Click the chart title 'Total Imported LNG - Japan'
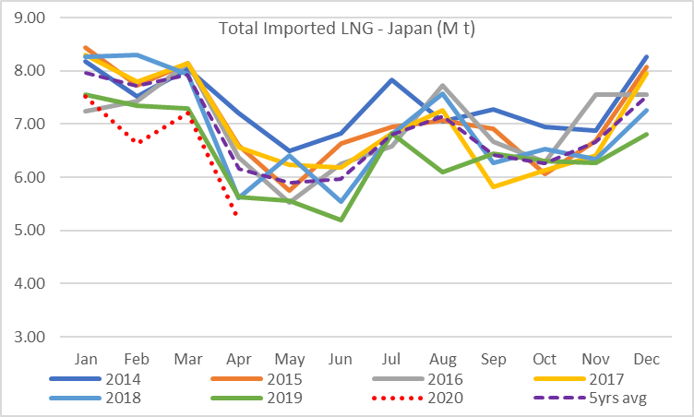point(346,29)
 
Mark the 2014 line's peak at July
point(391,79)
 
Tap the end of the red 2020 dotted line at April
point(238,215)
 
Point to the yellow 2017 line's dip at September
point(494,186)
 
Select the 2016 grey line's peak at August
point(443,85)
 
